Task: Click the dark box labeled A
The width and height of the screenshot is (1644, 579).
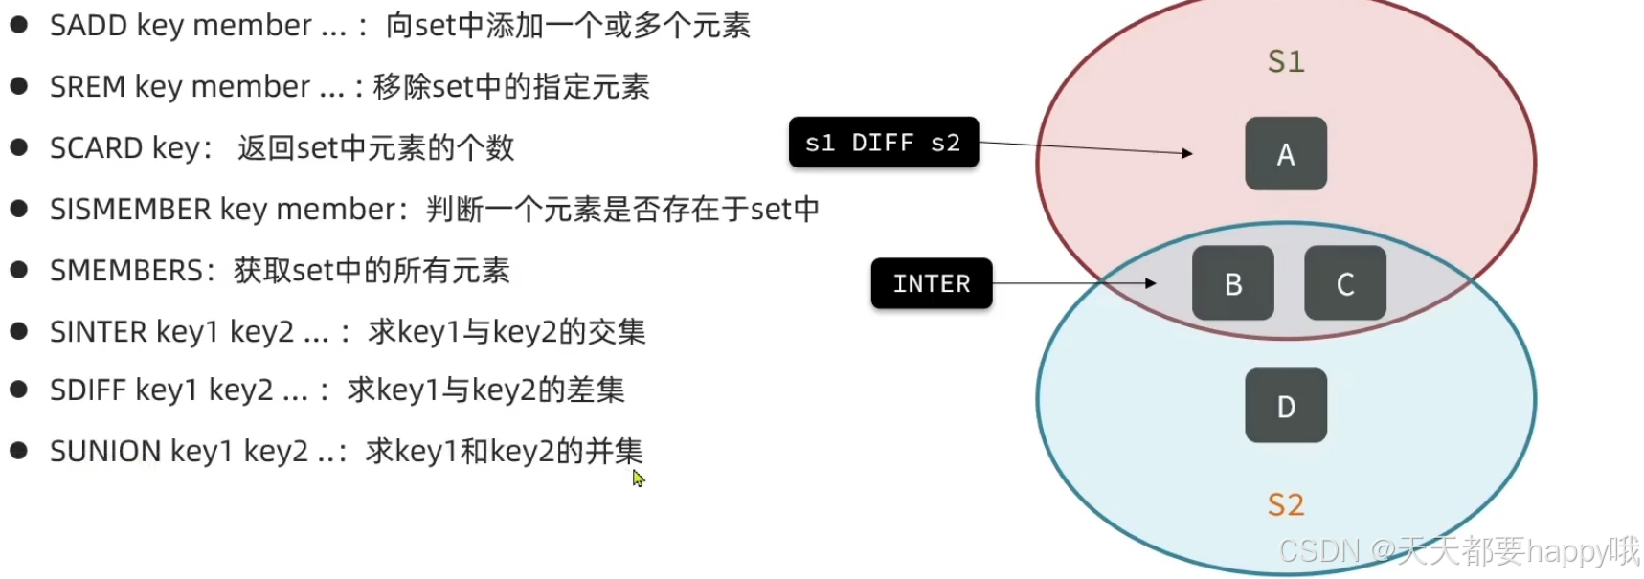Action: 1285,153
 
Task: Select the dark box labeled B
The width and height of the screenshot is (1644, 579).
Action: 1232,283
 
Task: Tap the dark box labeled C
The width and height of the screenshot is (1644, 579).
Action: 1344,283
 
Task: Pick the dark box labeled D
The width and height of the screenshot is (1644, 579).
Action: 1285,406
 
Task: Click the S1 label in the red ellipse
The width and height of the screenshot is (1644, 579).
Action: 1286,62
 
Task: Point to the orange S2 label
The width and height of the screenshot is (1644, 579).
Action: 1286,504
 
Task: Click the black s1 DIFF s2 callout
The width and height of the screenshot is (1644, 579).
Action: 883,143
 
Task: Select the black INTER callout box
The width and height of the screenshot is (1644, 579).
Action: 931,283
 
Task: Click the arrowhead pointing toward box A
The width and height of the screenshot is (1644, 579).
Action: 1187,153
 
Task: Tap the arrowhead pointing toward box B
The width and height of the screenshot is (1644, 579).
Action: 1151,283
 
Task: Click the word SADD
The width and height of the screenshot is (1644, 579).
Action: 89,26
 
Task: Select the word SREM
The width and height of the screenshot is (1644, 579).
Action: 88,87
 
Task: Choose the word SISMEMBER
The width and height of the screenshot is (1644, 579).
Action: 130,210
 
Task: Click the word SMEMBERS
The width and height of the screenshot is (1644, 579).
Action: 125,271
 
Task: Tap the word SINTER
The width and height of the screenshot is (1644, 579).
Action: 99,332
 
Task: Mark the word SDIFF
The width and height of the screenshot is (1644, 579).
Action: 88,390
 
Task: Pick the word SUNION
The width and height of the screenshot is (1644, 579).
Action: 105,451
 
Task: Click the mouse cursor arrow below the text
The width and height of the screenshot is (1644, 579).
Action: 638,478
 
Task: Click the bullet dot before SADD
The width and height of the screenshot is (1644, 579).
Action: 18,25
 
